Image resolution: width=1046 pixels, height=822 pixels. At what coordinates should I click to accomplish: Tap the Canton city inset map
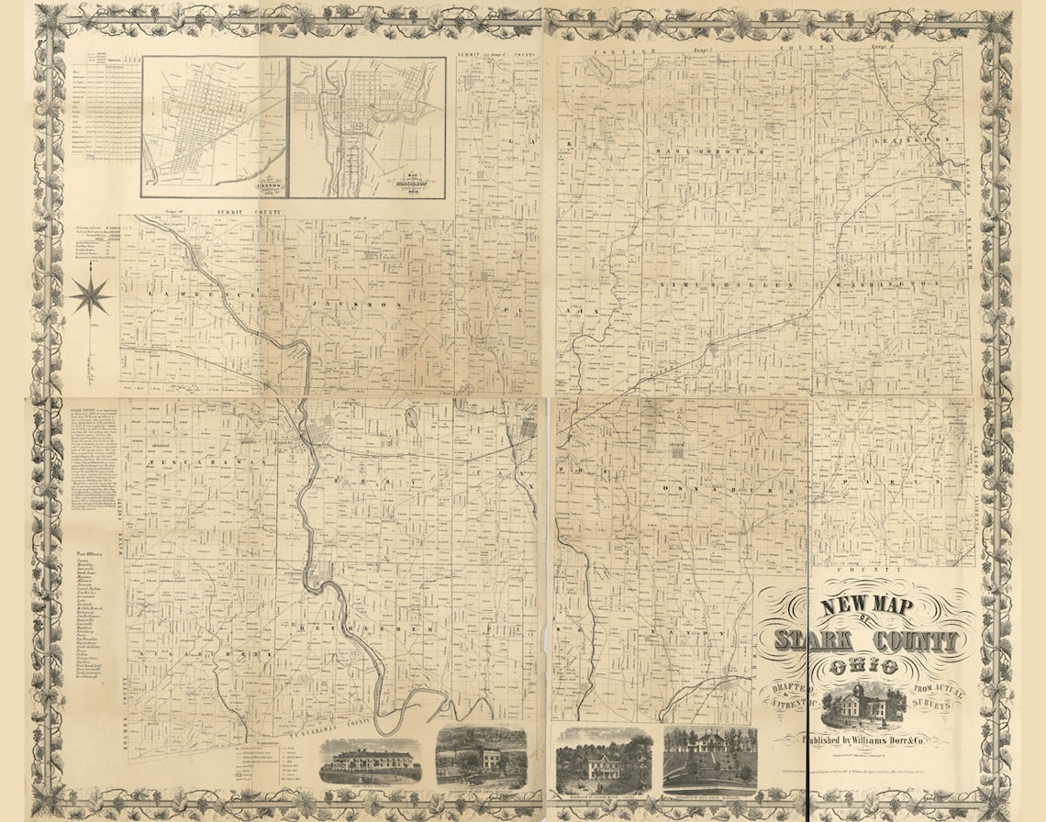215,126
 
